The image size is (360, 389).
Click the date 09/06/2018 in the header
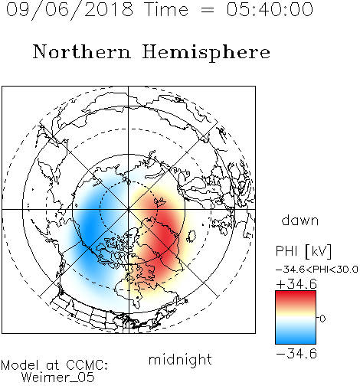(x=70, y=10)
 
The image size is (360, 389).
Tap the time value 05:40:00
(x=270, y=9)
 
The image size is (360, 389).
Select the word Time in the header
(x=166, y=9)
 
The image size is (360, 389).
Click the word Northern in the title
(x=82, y=52)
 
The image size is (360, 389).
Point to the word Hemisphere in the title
(x=206, y=53)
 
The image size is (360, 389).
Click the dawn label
(x=300, y=220)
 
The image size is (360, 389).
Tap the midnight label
(x=180, y=359)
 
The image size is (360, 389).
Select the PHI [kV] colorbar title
(x=303, y=251)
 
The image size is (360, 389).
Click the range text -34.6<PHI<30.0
(x=317, y=270)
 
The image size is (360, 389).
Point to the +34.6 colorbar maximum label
(x=296, y=284)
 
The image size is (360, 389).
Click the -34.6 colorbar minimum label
(x=296, y=354)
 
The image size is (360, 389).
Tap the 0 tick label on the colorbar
(x=322, y=319)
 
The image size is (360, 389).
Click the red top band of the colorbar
(x=296, y=296)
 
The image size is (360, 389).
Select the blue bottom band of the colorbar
(x=296, y=338)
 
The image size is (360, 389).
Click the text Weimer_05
(x=58, y=378)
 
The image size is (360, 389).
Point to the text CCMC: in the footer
(x=87, y=365)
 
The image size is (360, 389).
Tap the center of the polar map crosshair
(x=129, y=210)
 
